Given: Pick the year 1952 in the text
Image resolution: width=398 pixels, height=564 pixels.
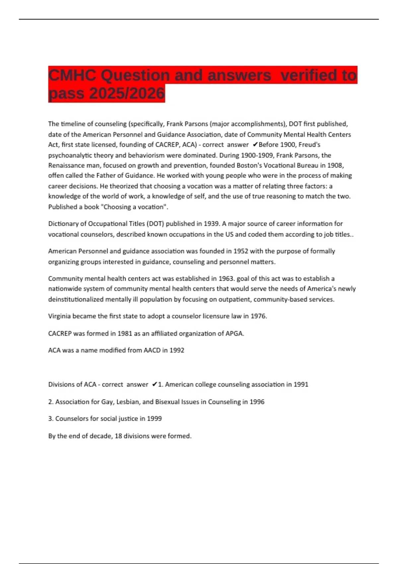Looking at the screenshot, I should (x=241, y=251).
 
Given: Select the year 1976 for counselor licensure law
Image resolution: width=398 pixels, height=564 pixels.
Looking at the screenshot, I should (x=258, y=316).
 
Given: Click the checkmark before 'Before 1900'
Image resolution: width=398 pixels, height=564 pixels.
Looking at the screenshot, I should (x=255, y=145).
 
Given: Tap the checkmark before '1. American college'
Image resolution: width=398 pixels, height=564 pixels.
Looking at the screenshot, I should (x=154, y=385).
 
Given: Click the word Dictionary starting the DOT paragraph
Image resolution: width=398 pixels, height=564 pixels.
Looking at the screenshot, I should (x=63, y=224).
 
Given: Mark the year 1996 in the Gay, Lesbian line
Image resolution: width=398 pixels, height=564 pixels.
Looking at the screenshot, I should (x=257, y=402).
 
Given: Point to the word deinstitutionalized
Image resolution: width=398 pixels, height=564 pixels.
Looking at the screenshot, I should (x=76, y=299).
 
